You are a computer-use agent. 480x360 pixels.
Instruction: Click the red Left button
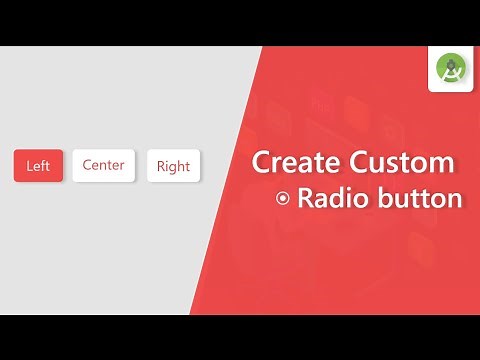tap(38, 166)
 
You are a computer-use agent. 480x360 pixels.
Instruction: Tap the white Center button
tap(104, 165)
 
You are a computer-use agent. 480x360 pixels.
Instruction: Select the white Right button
tap(173, 166)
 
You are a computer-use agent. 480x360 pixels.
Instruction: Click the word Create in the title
tap(293, 162)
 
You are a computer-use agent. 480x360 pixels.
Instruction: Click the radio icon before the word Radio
tap(283, 199)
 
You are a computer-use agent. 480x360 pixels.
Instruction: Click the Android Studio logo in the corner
tap(452, 70)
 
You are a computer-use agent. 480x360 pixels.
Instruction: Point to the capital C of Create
tap(260, 162)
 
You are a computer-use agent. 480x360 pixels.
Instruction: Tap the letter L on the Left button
tap(29, 166)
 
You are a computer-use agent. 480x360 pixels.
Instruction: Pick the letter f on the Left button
tap(43, 166)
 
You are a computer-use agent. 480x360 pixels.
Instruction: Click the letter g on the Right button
tap(175, 168)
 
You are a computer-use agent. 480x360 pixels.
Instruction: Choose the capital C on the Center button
tap(87, 165)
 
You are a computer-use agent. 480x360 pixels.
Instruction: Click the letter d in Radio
tap(336, 198)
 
